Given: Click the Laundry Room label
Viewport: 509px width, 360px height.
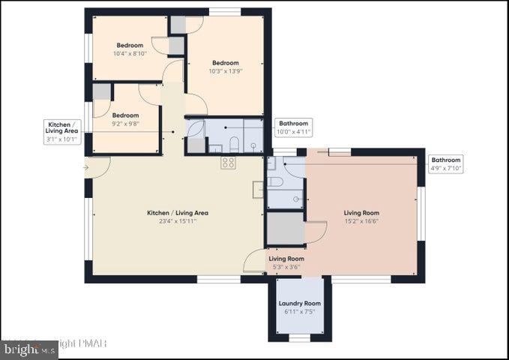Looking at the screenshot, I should (x=300, y=303).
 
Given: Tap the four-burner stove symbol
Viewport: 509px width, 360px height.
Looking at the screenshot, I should (x=228, y=162).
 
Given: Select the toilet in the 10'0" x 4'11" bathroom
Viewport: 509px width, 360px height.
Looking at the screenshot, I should (x=234, y=142).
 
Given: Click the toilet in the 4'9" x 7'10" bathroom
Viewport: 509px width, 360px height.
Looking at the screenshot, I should (x=274, y=181).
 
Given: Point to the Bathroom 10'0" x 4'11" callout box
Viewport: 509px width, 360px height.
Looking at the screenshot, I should (x=293, y=127).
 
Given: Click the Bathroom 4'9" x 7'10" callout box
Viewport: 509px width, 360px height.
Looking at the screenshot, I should (x=446, y=163).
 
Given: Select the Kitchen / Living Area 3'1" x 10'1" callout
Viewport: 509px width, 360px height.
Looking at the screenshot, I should (x=61, y=131).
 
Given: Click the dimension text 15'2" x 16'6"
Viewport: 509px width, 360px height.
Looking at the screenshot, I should (x=361, y=222).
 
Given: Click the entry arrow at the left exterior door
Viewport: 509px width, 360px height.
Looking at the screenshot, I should (x=86, y=167).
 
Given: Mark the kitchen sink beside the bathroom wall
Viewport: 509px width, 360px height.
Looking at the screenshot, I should (x=258, y=189).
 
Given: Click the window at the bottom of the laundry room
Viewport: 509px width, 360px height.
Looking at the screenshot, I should (x=299, y=338).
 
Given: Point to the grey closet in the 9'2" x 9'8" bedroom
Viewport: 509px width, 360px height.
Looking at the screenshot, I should (x=102, y=91).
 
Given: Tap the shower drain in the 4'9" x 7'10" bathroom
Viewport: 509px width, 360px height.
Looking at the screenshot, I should (x=297, y=199).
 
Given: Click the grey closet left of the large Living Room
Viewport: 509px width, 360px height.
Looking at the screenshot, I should (x=285, y=229).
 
